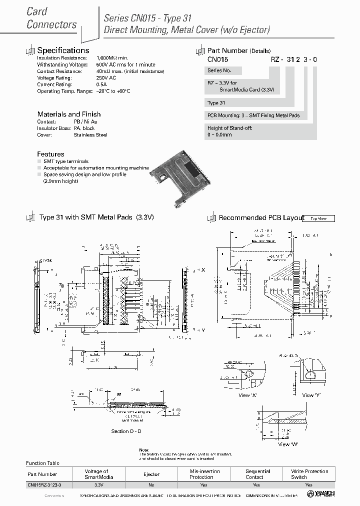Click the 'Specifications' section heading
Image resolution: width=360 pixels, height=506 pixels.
pyautogui.click(x=63, y=50)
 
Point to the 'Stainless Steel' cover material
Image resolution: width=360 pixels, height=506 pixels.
pyautogui.click(x=90, y=134)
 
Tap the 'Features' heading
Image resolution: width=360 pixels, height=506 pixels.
pyautogui.click(x=50, y=154)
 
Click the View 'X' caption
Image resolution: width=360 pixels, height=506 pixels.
pyautogui.click(x=244, y=395)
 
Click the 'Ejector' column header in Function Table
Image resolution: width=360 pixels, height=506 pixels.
pyautogui.click(x=151, y=474)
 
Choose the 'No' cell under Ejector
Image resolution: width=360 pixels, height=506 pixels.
pyautogui.click(x=151, y=485)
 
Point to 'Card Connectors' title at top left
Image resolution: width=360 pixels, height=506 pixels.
pyautogui.click(x=51, y=18)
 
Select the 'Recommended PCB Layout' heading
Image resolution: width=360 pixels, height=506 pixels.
pyautogui.click(x=261, y=218)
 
